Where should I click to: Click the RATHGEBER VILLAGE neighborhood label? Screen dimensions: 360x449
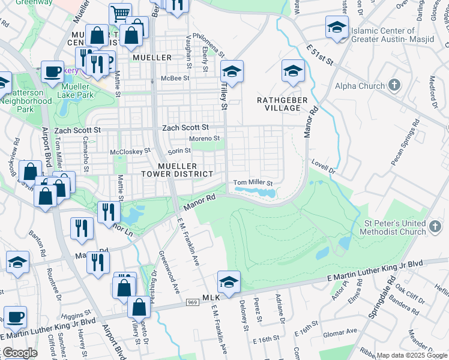tap(278, 103)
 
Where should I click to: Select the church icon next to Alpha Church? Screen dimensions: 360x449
tap(394, 85)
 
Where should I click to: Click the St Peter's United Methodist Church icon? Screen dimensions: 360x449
tap(435, 227)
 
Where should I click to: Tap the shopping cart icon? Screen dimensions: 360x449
tap(120, 14)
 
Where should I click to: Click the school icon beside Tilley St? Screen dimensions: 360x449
tap(231, 71)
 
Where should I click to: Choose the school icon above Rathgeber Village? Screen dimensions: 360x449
tap(292, 71)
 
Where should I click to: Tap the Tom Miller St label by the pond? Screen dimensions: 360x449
tap(253, 182)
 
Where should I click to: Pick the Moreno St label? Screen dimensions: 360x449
tap(205, 139)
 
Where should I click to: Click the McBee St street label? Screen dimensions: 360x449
tap(178, 78)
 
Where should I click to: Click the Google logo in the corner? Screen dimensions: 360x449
tap(19, 353)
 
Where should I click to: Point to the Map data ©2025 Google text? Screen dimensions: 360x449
tap(412, 355)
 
